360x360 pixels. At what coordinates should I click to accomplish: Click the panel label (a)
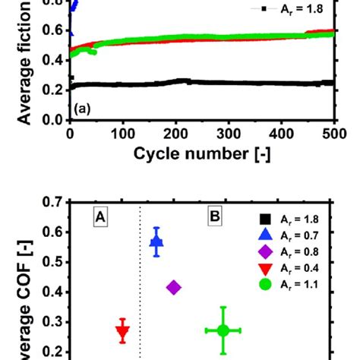tap(83, 109)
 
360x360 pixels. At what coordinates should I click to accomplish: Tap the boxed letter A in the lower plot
tap(99, 218)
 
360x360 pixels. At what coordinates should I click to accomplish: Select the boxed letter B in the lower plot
tap(215, 218)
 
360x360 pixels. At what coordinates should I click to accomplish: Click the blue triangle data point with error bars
tap(156, 242)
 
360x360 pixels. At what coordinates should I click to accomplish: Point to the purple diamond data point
tap(174, 287)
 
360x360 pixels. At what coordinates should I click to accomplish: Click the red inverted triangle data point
tap(122, 331)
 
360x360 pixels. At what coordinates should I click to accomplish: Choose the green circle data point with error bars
tap(223, 330)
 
